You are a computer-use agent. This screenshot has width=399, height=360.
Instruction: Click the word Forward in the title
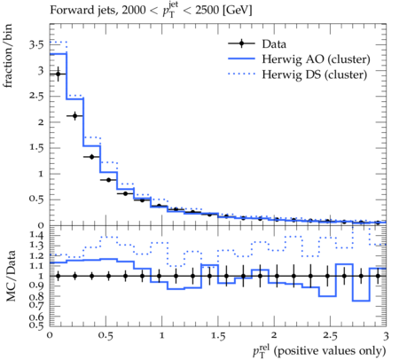(x=67, y=10)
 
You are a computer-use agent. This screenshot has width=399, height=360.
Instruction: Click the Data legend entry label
(x=274, y=44)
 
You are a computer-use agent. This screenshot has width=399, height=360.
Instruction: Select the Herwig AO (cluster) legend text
(x=316, y=59)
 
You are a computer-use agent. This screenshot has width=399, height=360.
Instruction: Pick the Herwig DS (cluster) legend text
(x=315, y=74)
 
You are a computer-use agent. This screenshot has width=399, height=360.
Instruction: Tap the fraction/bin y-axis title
(x=8, y=56)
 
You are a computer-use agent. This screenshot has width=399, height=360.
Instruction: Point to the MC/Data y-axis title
(x=11, y=276)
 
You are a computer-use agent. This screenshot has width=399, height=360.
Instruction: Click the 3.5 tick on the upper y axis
(x=36, y=45)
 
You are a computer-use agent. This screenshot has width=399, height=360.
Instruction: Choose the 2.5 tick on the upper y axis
(x=36, y=97)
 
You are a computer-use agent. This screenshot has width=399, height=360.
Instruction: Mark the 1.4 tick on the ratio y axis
(x=36, y=235)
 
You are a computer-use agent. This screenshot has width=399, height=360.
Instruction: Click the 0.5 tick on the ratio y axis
(x=36, y=325)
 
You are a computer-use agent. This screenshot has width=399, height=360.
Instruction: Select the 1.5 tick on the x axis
(x=218, y=336)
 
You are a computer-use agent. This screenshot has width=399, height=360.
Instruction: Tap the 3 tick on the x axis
(x=386, y=336)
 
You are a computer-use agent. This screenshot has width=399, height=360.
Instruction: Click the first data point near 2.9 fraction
(x=59, y=74)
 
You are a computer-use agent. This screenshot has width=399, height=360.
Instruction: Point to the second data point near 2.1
(x=74, y=116)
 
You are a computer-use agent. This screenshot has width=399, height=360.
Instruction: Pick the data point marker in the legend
(x=241, y=43)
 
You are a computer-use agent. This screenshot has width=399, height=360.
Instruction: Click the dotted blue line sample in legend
(x=241, y=74)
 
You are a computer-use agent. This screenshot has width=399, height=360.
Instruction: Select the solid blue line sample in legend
(x=241, y=59)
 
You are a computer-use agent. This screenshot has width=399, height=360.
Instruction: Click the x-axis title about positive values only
(x=319, y=351)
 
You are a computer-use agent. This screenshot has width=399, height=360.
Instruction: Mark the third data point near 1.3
(x=91, y=157)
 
